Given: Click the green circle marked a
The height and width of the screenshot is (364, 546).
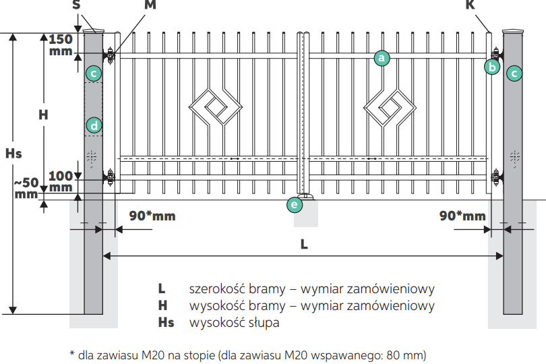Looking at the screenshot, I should [382, 59].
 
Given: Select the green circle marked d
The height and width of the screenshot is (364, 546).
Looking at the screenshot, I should [94, 125].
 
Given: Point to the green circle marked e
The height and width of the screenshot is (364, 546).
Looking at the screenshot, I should [294, 204].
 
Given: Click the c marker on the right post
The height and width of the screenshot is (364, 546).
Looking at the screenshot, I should [514, 73].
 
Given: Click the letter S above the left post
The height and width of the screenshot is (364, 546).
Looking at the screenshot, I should [75, 6].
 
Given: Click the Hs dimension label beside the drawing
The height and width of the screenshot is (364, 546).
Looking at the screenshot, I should [13, 154].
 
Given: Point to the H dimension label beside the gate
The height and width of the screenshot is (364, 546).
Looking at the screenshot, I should [43, 115].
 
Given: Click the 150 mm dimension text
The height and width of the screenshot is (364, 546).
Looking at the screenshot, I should [61, 44].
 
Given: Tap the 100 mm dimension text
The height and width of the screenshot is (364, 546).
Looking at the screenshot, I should [61, 181].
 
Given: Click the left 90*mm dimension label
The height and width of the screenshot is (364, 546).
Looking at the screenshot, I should [152, 216].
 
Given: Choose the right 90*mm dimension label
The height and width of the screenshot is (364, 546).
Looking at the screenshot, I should [462, 216].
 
